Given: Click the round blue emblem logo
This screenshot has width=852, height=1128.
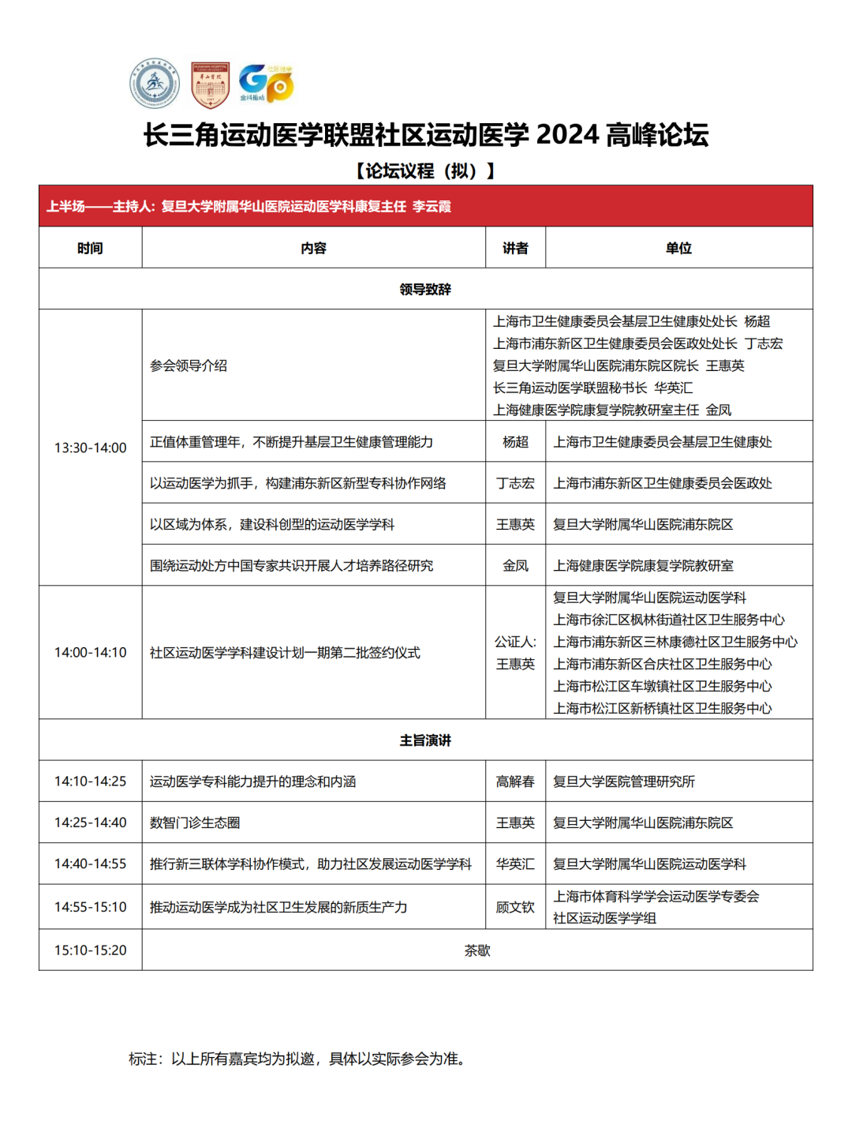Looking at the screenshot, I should point(155,84).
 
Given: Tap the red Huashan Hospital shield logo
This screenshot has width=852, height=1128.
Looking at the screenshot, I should point(210,84).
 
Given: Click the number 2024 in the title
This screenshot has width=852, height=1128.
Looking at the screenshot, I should point(567,135).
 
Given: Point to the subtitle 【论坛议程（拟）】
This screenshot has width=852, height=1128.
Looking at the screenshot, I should point(425,171).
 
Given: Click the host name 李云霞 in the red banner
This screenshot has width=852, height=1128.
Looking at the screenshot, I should point(432,207).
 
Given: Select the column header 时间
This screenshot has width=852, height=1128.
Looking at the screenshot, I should point(90,248).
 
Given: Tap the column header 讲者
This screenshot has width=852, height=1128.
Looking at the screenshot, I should point(515,248).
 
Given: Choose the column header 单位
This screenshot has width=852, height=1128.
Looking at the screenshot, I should point(678,248).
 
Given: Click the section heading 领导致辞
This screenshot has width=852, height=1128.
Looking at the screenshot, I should point(425,289).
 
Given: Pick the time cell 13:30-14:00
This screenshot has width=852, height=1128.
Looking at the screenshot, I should point(90,448).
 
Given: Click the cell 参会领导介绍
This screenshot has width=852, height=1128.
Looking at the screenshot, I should point(189,365).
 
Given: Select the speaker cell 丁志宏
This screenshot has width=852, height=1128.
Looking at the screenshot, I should point(515,483).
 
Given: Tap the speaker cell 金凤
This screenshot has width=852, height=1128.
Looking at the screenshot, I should point(515,565).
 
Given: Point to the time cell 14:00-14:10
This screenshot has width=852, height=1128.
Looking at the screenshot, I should point(90,652).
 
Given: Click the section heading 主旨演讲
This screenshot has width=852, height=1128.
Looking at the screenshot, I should point(425,740).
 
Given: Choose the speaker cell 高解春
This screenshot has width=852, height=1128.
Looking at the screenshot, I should point(515,781).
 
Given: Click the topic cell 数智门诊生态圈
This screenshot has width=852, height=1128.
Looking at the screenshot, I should point(195,823).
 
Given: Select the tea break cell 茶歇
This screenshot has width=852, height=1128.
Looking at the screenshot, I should point(477,950).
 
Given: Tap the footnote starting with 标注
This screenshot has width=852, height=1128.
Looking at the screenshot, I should point(299,1059).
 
